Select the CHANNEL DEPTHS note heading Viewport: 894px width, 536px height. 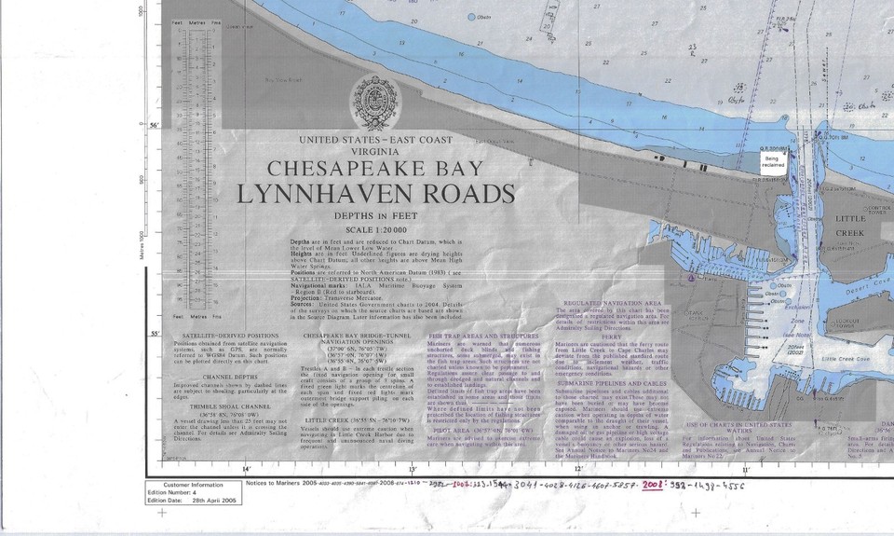coord(213,376)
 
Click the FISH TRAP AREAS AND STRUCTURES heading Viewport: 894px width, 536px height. coord(483,333)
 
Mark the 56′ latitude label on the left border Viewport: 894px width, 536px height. coord(155,125)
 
